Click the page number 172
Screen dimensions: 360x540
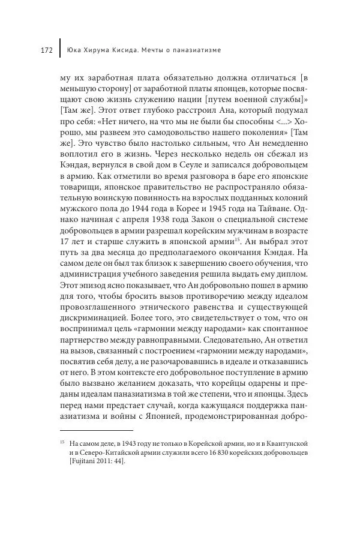pyautogui.click(x=47, y=50)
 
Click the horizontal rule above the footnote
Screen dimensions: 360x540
pyautogui.click(x=96, y=430)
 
